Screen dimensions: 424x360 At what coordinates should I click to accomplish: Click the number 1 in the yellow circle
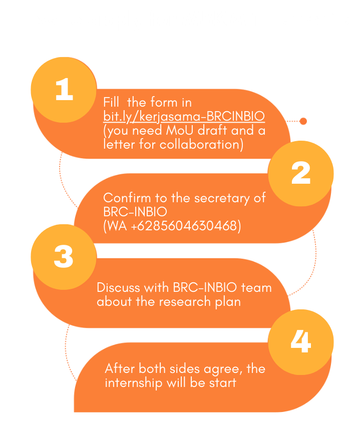(64, 90)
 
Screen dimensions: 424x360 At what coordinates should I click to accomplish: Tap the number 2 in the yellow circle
(300, 173)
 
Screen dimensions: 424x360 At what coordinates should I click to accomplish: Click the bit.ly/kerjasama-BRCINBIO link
(184, 117)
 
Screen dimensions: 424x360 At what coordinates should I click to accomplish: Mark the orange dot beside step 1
(302, 121)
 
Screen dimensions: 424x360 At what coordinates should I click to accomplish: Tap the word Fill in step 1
(111, 103)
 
